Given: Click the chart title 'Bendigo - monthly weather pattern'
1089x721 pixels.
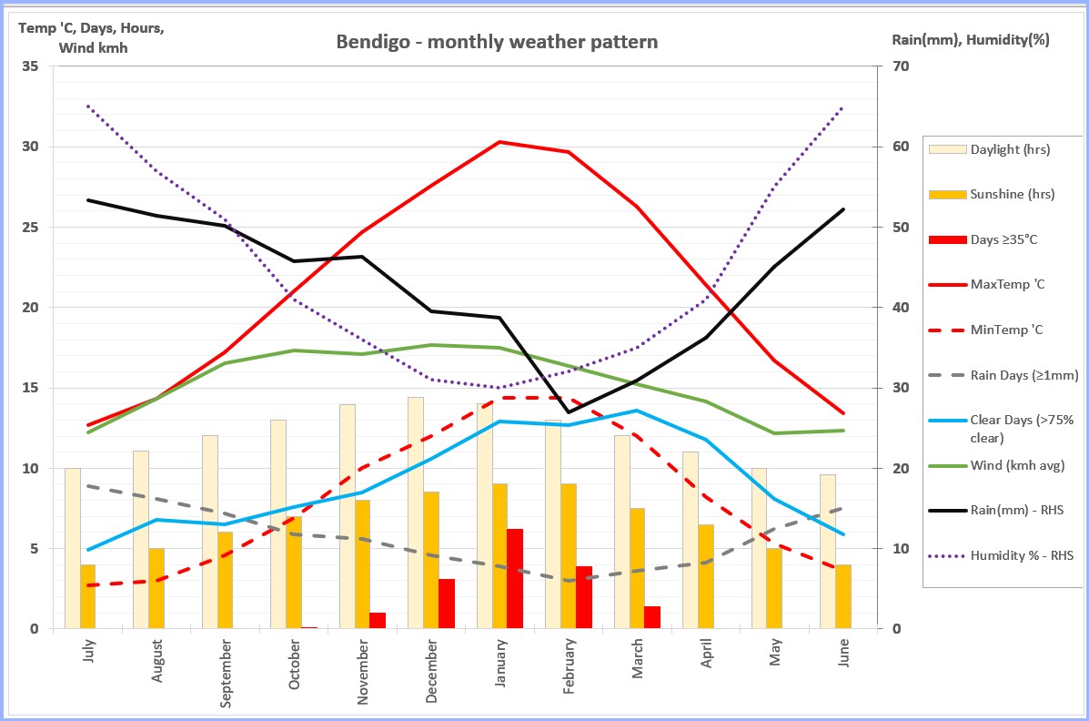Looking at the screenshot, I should click(497, 42).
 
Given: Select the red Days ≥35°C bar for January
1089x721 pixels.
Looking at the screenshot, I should click(515, 579).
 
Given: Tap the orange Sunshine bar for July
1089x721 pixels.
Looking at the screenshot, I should click(88, 596).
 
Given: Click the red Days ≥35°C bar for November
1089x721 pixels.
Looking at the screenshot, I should click(378, 620).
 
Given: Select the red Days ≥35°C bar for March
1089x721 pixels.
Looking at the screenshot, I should click(652, 617).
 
